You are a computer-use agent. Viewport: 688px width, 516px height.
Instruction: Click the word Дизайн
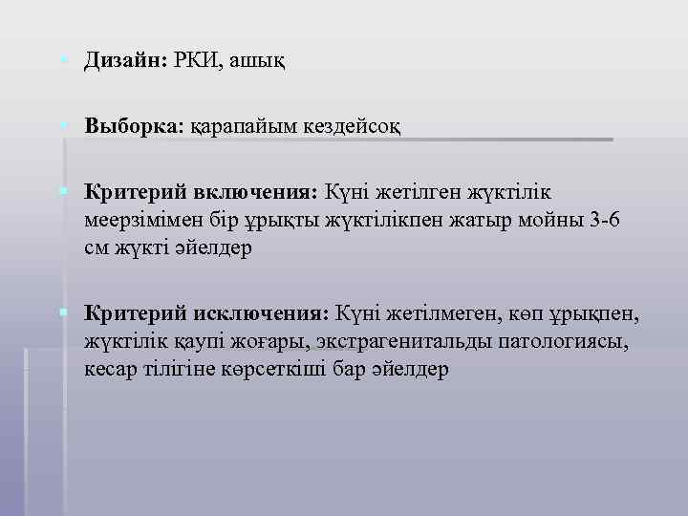[x=124, y=60]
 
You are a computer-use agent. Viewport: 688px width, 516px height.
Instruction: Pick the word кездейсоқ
[x=349, y=125]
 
